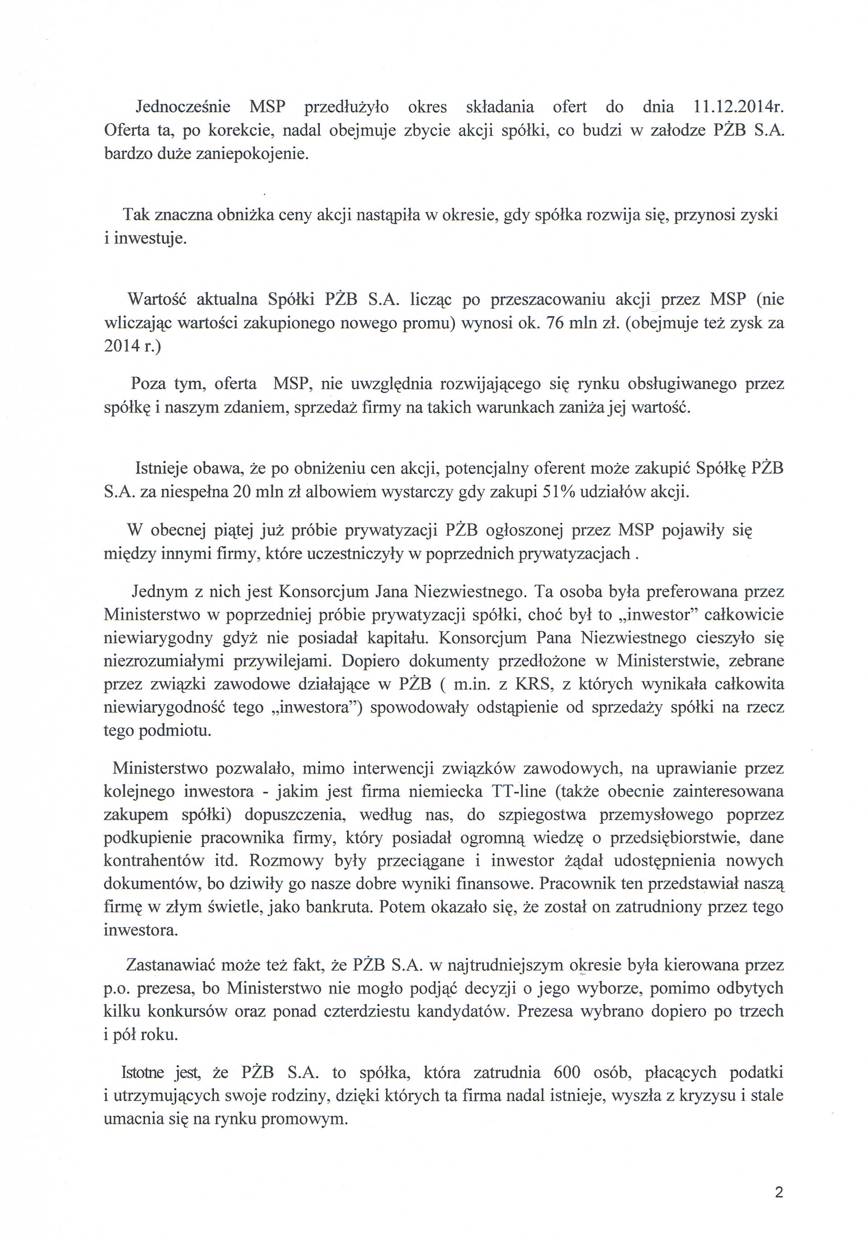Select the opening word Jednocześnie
point(182,107)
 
